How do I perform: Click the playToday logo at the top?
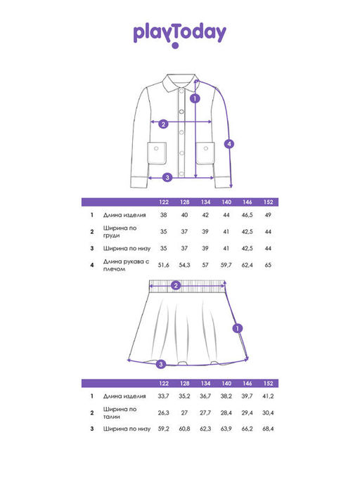click(179, 33)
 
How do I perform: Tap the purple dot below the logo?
click(175, 46)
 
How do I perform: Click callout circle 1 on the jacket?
click(195, 98)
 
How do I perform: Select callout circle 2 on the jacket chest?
click(163, 124)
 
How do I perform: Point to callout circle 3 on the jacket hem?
click(167, 177)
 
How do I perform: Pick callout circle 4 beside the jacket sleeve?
click(229, 143)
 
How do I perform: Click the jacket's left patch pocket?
click(157, 153)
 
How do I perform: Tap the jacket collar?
click(179, 82)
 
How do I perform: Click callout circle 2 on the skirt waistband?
click(176, 285)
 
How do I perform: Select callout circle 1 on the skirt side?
click(238, 328)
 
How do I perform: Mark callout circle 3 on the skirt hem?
click(161, 364)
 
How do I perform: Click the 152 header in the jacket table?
click(268, 202)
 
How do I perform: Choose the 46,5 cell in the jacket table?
click(247, 215)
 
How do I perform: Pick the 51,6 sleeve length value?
click(163, 265)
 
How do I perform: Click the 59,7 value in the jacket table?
click(226, 265)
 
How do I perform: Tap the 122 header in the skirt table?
click(164, 383)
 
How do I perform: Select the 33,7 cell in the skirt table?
click(163, 396)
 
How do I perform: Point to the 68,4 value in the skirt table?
click(268, 429)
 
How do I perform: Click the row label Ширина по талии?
click(120, 413)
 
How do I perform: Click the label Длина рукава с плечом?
click(127, 266)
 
